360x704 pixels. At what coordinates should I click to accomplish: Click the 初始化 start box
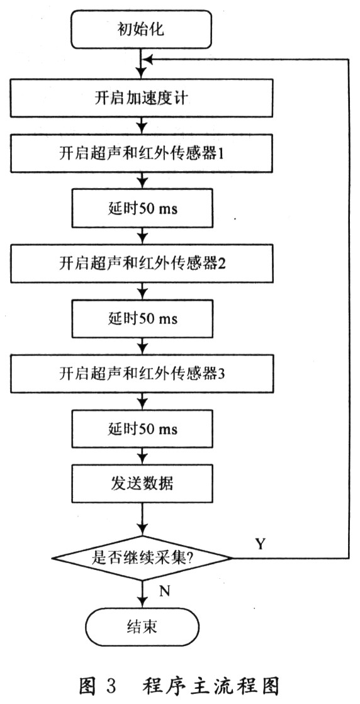tap(142, 30)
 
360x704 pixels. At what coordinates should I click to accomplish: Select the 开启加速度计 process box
tap(142, 98)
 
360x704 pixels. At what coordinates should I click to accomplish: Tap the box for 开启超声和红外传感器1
tap(142, 154)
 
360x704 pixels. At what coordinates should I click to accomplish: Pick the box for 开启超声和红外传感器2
tap(142, 263)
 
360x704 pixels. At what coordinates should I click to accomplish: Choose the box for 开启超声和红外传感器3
tap(142, 374)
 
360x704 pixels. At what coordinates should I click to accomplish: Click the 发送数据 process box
tap(142, 484)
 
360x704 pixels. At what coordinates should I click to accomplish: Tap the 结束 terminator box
tap(142, 627)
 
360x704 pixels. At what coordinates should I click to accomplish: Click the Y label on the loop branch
tap(261, 544)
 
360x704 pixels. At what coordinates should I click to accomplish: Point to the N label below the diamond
tap(165, 591)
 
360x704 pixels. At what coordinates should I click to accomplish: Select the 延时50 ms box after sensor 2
tap(142, 318)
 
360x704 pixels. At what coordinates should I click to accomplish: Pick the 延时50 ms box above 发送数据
tap(142, 429)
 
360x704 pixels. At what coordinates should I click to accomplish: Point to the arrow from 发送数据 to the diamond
tap(142, 519)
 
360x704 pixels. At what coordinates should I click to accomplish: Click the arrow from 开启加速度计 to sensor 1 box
tap(142, 126)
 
